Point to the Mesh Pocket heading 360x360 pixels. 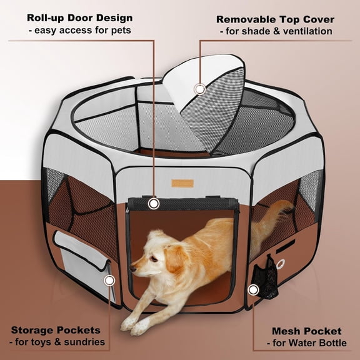click(x=306, y=330)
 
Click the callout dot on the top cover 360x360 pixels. click(x=199, y=89)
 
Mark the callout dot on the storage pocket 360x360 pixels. click(x=109, y=281)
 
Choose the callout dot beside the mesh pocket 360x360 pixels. click(x=253, y=289)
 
